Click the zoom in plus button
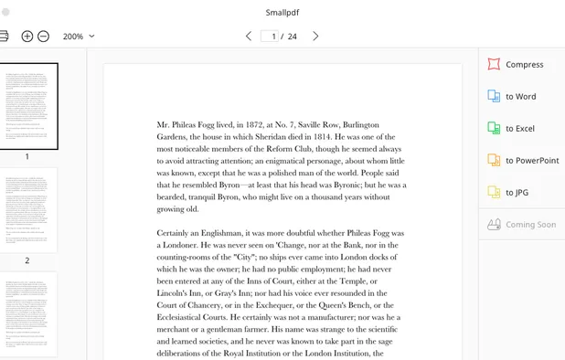27,37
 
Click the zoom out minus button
43,37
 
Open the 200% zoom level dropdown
79,37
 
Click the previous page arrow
249,37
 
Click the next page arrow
316,37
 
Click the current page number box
270,37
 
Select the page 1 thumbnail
28,106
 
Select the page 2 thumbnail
28,210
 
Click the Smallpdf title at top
282,13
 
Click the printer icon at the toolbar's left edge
4,37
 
